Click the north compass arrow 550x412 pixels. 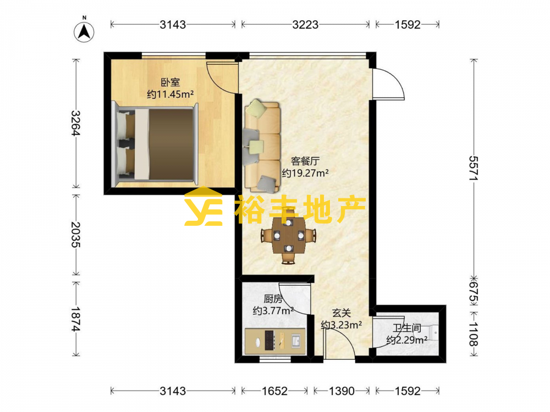pyautogui.click(x=84, y=32)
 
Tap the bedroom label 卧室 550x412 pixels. pyautogui.click(x=170, y=82)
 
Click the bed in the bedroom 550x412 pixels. pyautogui.click(x=155, y=144)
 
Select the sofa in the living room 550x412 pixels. pyautogui.click(x=262, y=146)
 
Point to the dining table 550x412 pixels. pyautogui.click(x=289, y=235)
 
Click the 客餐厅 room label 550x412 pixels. pyautogui.click(x=305, y=161)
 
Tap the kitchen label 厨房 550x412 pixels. pyautogui.click(x=273, y=299)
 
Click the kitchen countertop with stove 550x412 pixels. pyautogui.click(x=275, y=341)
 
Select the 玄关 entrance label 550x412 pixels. pyautogui.click(x=342, y=313)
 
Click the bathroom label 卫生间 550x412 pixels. pyautogui.click(x=407, y=329)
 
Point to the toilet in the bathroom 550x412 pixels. pyautogui.click(x=431, y=332)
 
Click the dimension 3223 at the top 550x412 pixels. pyautogui.click(x=305, y=25)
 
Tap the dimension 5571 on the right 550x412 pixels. pyautogui.click(x=474, y=168)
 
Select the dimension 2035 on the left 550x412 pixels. pyautogui.click(x=76, y=235)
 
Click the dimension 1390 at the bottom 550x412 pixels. pyautogui.click(x=342, y=391)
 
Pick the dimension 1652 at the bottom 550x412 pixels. pyautogui.click(x=274, y=391)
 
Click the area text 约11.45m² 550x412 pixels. pyautogui.click(x=170, y=94)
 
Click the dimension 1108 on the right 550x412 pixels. pyautogui.click(x=474, y=334)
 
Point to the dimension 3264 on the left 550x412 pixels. pyautogui.click(x=76, y=123)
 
